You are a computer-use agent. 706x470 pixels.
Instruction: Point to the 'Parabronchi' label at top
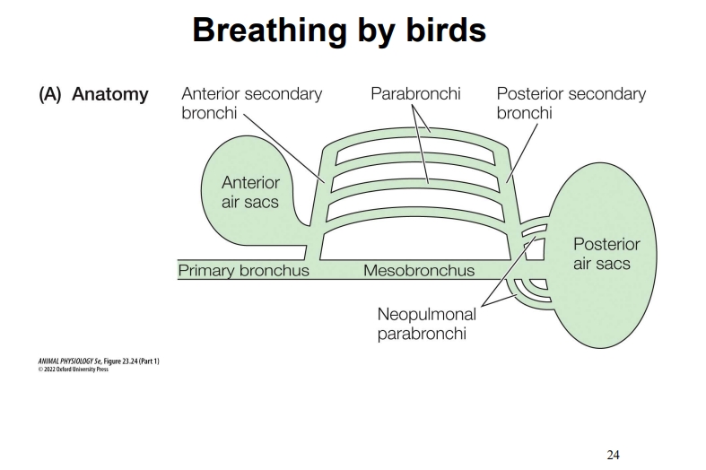click(415, 94)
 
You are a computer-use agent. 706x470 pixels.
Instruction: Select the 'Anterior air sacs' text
click(250, 192)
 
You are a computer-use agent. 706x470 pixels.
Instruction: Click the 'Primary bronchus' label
click(243, 270)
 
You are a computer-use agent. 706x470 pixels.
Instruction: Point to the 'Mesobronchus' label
click(419, 270)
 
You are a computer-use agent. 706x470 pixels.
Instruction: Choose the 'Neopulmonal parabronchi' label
click(427, 325)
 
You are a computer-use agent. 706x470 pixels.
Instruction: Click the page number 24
click(613, 455)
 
